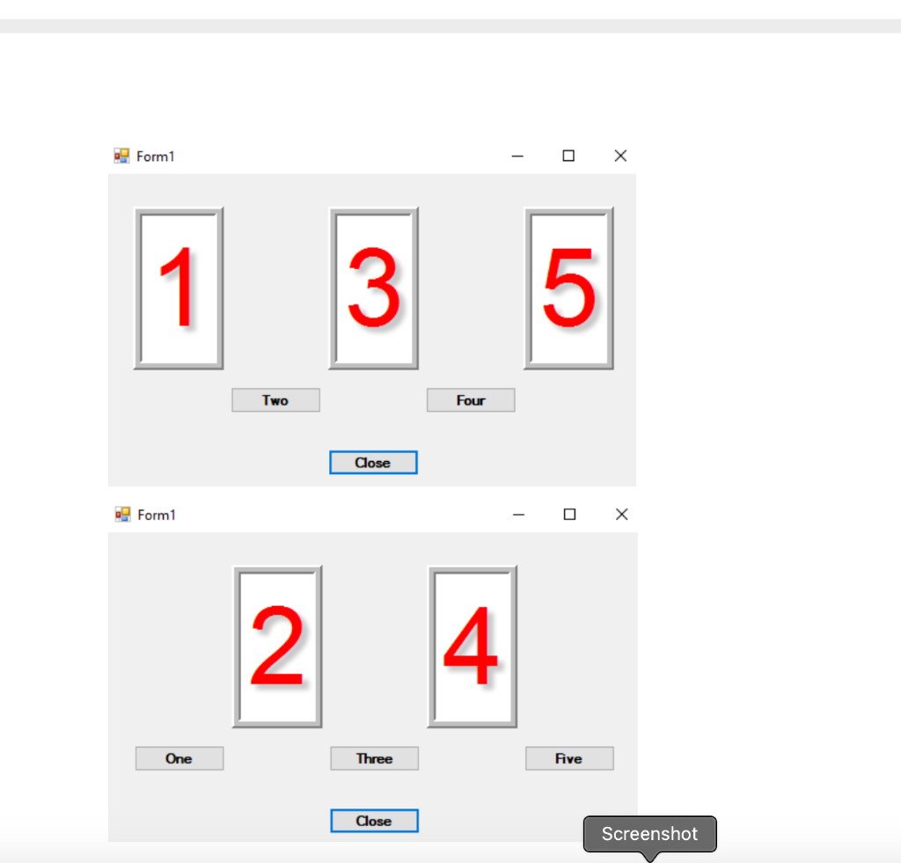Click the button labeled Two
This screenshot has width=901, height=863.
(275, 400)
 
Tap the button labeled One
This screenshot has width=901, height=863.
(179, 758)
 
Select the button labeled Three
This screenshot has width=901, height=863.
(374, 758)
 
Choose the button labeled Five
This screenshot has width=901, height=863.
(569, 758)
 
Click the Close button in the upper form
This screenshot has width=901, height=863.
(373, 463)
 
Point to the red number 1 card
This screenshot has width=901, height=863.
(179, 289)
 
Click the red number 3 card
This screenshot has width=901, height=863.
(374, 289)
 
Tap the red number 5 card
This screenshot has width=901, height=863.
(569, 289)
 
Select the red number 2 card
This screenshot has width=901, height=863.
(277, 647)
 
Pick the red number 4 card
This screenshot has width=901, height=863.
(472, 647)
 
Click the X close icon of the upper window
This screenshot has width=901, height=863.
(620, 156)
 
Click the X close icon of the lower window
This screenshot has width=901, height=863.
(622, 515)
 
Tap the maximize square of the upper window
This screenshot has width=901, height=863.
(568, 156)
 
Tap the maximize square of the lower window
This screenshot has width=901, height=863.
(570, 515)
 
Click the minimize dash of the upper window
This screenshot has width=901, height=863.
(517, 157)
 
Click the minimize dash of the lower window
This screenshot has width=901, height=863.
(519, 516)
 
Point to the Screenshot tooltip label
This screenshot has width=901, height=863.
(649, 834)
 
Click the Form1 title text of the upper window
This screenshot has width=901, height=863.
(156, 157)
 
